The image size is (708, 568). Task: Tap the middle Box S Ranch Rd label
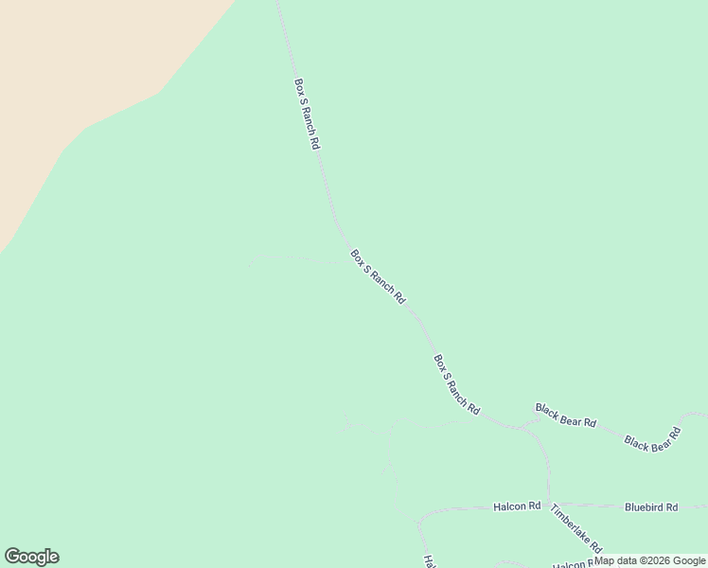click(x=378, y=276)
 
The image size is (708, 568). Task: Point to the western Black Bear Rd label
click(x=565, y=415)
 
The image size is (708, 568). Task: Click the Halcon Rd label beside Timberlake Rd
click(x=516, y=506)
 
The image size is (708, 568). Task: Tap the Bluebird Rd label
click(x=651, y=506)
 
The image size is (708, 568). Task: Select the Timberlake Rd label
click(x=576, y=527)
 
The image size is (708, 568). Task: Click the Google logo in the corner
click(x=31, y=557)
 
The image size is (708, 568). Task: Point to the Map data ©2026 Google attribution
click(x=650, y=560)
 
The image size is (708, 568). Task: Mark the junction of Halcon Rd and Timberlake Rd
click(x=551, y=505)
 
